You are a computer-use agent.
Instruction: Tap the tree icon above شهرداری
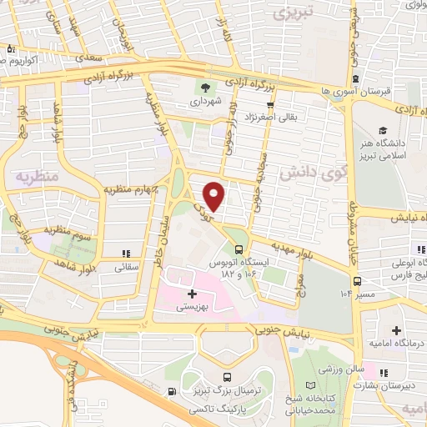pos(203,88)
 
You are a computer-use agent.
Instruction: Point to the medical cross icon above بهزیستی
pos(192,294)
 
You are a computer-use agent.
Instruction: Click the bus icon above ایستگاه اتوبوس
pos(240,249)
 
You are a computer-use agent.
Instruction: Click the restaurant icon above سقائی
pos(126,254)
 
